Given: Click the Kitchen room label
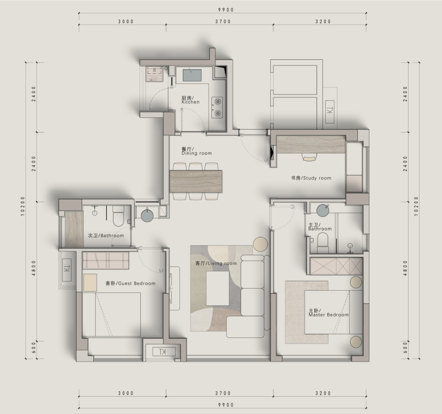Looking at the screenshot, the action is (190, 100).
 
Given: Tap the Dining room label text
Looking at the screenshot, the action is (197, 151).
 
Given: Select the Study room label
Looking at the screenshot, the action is (311, 178).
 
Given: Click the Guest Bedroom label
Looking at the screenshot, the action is (130, 284).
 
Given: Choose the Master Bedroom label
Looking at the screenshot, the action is (328, 313).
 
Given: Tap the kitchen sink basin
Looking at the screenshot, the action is (192, 75).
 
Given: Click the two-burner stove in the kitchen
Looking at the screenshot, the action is (217, 107).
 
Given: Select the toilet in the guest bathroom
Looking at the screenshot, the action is (118, 216).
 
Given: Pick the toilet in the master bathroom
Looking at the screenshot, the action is (323, 243).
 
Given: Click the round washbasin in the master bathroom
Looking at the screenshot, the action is (322, 210).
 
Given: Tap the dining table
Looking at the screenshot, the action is (196, 181).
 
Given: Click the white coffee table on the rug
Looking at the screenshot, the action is (218, 288).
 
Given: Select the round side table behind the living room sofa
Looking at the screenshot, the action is (261, 244).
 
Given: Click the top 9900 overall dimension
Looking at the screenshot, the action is (226, 10).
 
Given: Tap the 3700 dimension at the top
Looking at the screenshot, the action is (223, 21).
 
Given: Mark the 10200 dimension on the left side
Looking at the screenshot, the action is (23, 206).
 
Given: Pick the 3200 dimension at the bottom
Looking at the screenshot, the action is (323, 393).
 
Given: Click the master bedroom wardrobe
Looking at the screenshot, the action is (336, 266).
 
